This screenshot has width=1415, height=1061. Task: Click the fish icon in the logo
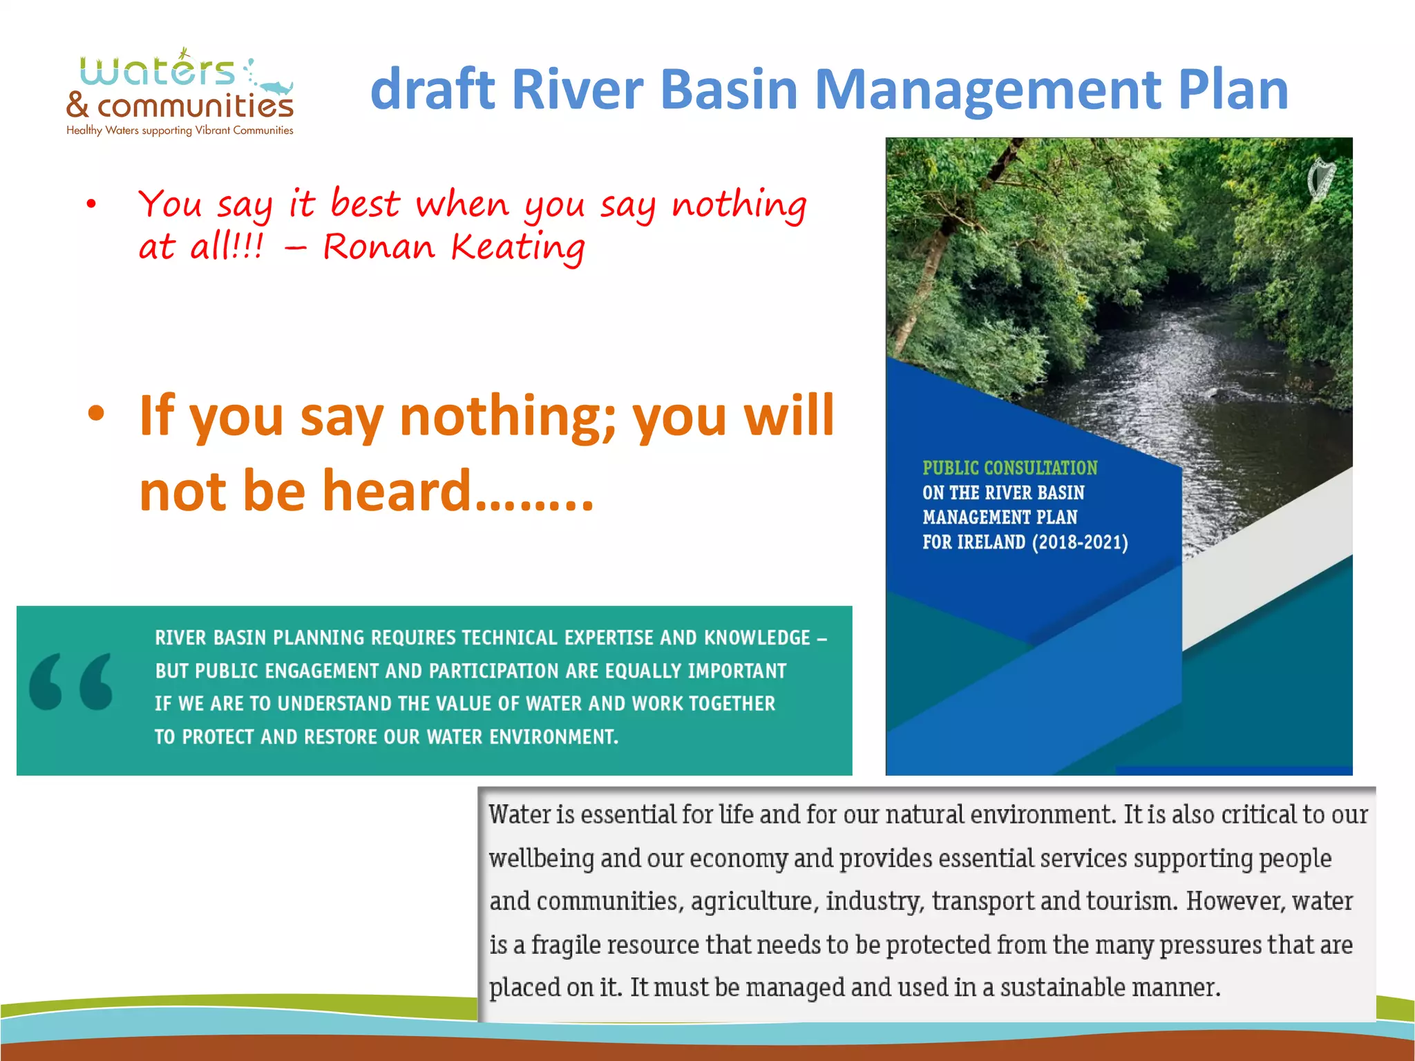point(276,88)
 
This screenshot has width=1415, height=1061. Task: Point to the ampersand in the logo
point(77,105)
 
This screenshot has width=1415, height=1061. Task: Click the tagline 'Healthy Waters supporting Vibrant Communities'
point(180,131)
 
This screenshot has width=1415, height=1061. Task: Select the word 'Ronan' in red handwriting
point(379,247)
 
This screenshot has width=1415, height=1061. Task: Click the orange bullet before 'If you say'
point(96,413)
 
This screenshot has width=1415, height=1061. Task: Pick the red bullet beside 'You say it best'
point(91,204)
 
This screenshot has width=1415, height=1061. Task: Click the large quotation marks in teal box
point(70,682)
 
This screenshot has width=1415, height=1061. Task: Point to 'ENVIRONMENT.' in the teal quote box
point(553,737)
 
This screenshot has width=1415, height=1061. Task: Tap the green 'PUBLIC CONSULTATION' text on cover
point(1009,468)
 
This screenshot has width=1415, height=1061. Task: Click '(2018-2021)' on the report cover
point(1080,542)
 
